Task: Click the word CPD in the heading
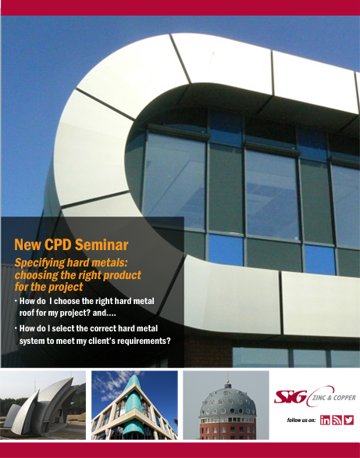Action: pos(57,245)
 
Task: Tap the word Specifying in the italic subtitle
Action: pos(40,263)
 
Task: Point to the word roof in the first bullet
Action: pos(26,313)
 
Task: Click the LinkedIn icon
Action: pos(325,420)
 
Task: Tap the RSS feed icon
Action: pos(337,420)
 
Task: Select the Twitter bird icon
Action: pos(348,420)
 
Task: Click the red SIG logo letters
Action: pos(290,397)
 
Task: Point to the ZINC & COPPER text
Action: pos(334,398)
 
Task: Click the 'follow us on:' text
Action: pos(301,420)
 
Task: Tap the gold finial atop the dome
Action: pos(227,381)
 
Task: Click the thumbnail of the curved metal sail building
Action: pos(43,405)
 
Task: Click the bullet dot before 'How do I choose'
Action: pos(16,300)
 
